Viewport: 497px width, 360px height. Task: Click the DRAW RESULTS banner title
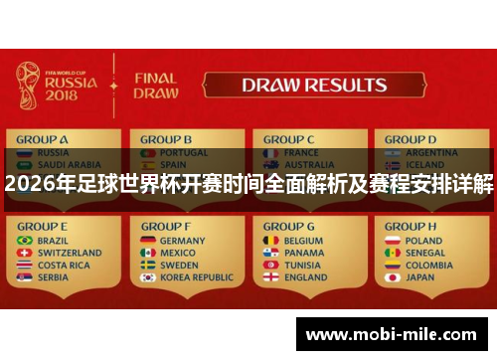click(313, 86)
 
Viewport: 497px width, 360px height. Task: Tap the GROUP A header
click(43, 139)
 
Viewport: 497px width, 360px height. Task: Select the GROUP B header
click(166, 139)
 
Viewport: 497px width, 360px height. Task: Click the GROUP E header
click(43, 227)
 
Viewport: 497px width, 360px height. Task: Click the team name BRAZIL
click(56, 241)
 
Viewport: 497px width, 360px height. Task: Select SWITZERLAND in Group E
click(70, 253)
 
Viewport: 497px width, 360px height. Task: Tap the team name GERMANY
click(182, 241)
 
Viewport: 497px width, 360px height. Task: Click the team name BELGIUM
click(304, 241)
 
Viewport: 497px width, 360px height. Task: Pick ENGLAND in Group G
click(305, 277)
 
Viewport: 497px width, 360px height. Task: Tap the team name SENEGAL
click(426, 253)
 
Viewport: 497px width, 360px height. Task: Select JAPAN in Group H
click(420, 277)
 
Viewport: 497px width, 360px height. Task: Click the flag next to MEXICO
click(147, 253)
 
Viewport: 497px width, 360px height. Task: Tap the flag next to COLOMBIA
click(392, 266)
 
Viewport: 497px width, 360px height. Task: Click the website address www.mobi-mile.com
click(392, 336)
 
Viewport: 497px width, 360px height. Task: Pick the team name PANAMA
click(304, 253)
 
